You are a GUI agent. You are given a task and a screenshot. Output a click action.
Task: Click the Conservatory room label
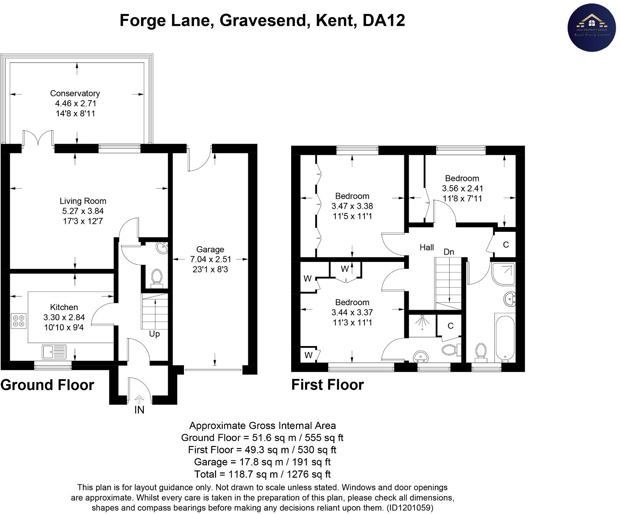[75, 93]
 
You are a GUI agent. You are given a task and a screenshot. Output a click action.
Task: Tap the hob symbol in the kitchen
[19, 321]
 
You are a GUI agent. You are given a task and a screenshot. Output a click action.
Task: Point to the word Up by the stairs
[154, 334]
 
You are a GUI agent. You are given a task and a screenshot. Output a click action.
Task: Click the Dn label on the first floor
[449, 252]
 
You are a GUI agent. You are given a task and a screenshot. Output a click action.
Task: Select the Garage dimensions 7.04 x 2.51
[210, 259]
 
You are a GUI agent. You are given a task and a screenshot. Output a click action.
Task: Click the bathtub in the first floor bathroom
[504, 337]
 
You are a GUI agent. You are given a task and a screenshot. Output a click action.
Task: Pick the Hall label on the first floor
[427, 248]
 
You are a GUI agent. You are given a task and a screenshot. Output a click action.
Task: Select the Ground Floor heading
[47, 385]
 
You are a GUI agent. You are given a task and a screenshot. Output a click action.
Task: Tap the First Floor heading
[327, 385]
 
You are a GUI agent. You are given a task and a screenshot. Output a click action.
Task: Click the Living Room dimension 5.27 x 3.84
[83, 211]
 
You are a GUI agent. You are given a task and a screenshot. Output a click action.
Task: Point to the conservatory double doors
[38, 138]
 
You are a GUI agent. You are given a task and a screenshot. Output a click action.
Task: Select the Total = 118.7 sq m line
[262, 474]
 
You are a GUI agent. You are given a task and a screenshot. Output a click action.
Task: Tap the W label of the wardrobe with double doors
[345, 269]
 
